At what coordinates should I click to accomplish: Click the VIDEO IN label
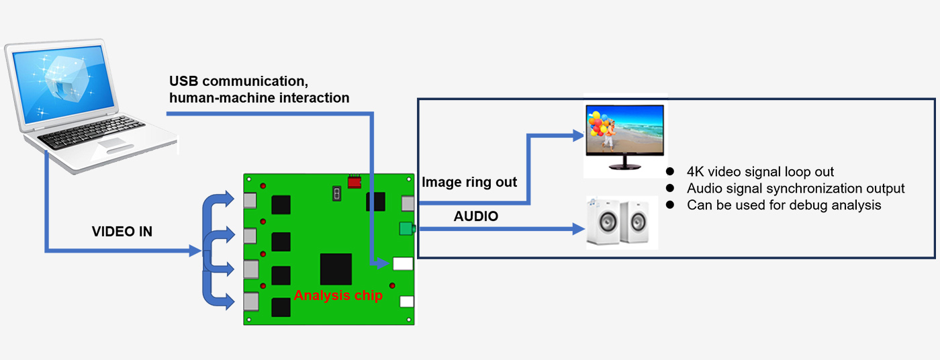(122, 232)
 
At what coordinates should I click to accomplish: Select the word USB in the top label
(183, 81)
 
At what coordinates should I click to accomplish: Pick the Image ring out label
(469, 182)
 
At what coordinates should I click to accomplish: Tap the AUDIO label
(476, 216)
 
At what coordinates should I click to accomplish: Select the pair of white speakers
(621, 223)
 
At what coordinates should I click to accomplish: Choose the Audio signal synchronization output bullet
(796, 189)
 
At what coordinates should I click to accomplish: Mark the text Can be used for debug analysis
(784, 205)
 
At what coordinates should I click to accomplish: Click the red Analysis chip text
(338, 296)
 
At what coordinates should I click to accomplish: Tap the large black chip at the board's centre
(336, 269)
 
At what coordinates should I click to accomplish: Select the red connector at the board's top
(354, 181)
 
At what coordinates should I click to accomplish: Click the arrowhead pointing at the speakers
(579, 230)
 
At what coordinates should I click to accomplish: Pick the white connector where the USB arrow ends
(402, 264)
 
